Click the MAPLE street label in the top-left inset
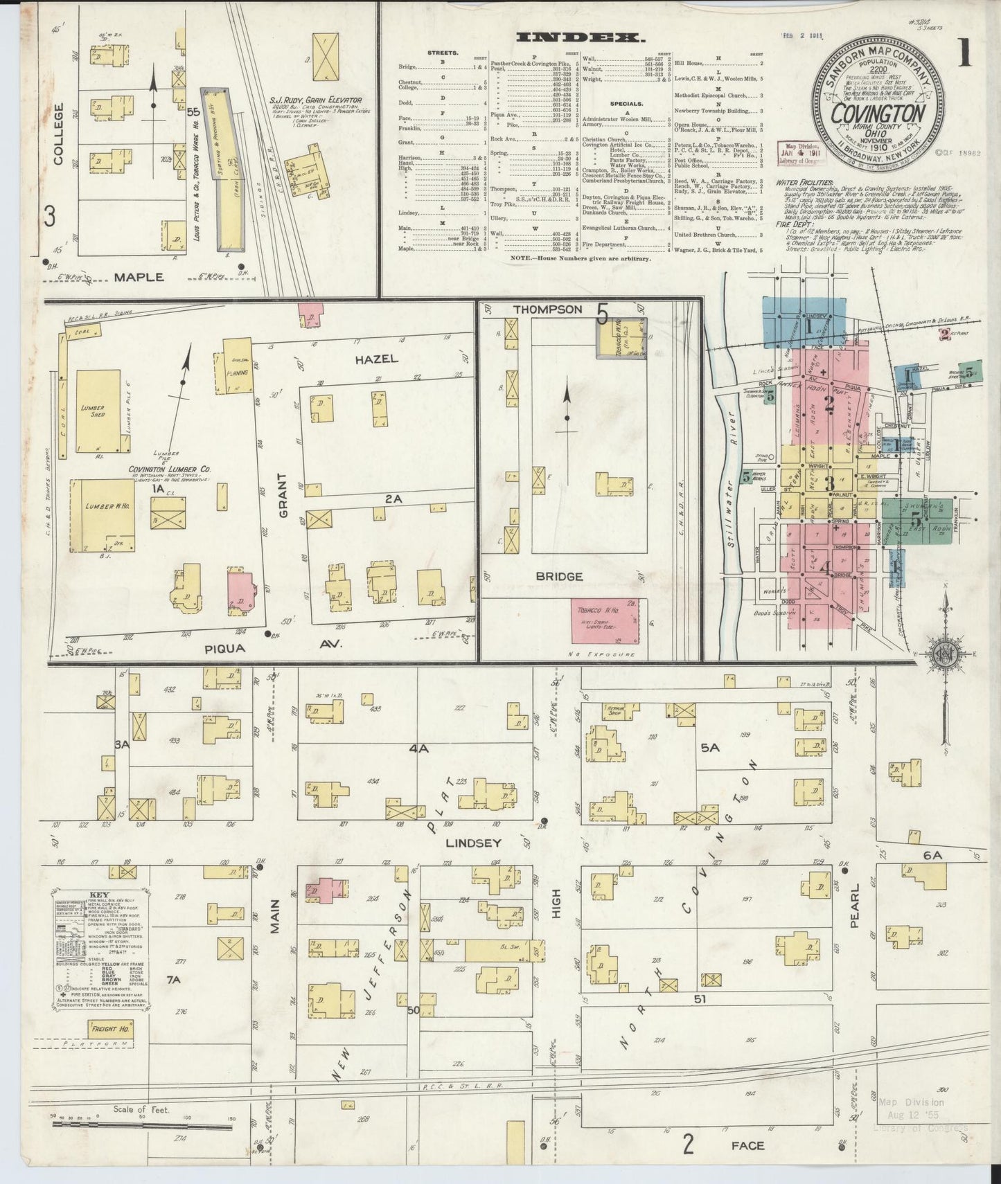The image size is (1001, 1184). click(139, 277)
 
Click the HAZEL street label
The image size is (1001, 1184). click(376, 359)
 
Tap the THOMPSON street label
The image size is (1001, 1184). click(549, 310)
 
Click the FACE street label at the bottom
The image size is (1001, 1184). click(747, 1145)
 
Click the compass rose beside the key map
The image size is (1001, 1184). click(942, 654)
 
